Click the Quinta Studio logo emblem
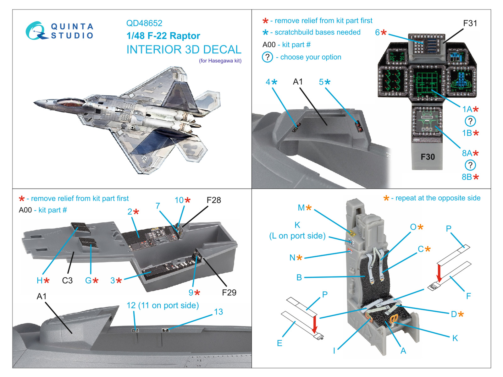coord(36,31)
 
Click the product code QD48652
coord(144,23)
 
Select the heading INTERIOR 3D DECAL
coord(184,50)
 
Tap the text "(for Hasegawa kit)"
coord(220,61)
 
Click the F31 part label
coord(470,24)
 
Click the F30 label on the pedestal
coord(428,157)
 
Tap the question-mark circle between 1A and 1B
coord(470,121)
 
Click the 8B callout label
coord(470,177)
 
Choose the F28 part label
coord(214,200)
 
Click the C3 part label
coord(67,280)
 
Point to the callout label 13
coord(218,312)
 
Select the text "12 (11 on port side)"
coord(163,305)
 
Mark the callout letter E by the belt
coord(279,343)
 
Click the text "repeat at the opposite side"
coord(438,198)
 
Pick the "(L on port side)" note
coord(297,236)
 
